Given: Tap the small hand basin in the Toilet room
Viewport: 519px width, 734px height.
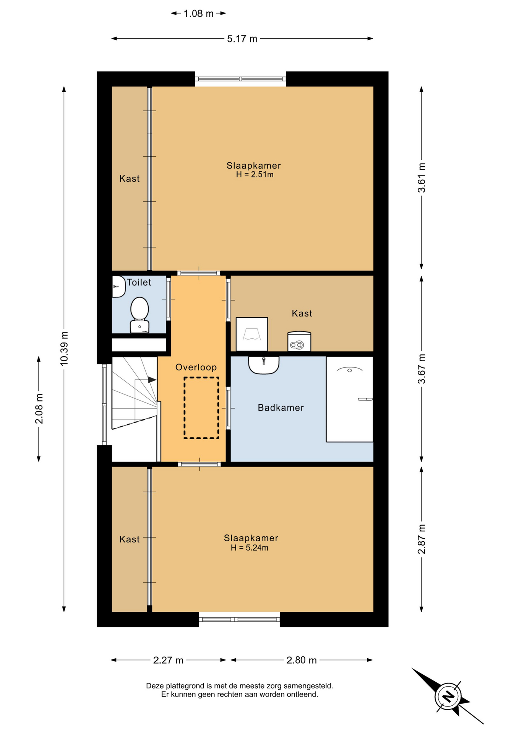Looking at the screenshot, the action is [118, 286].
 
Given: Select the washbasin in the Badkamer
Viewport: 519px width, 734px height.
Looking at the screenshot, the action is [264, 365].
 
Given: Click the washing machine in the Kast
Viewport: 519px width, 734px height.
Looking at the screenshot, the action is [252, 334].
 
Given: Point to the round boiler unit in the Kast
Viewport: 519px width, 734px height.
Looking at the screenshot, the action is [299, 341].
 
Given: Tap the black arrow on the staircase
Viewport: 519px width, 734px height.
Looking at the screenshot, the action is [152, 380].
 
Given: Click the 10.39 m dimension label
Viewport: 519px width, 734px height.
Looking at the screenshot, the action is [64, 348].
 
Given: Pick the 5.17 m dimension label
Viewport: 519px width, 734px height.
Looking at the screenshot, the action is [242, 39].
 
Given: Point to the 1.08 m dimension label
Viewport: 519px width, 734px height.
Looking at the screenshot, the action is [198, 14].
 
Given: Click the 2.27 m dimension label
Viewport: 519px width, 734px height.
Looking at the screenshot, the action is [168, 660].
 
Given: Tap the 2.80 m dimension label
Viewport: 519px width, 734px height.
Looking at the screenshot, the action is [302, 660].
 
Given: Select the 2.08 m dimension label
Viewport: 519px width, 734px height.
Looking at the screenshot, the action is [39, 409].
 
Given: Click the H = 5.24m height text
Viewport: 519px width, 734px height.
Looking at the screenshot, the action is [249, 548].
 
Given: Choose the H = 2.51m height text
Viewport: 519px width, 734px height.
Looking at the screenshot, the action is [255, 175].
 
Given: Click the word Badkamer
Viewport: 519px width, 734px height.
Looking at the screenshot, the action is [281, 408].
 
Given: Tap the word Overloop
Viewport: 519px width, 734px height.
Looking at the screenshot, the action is [196, 367].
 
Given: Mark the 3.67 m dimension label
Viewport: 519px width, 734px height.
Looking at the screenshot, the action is [421, 369].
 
